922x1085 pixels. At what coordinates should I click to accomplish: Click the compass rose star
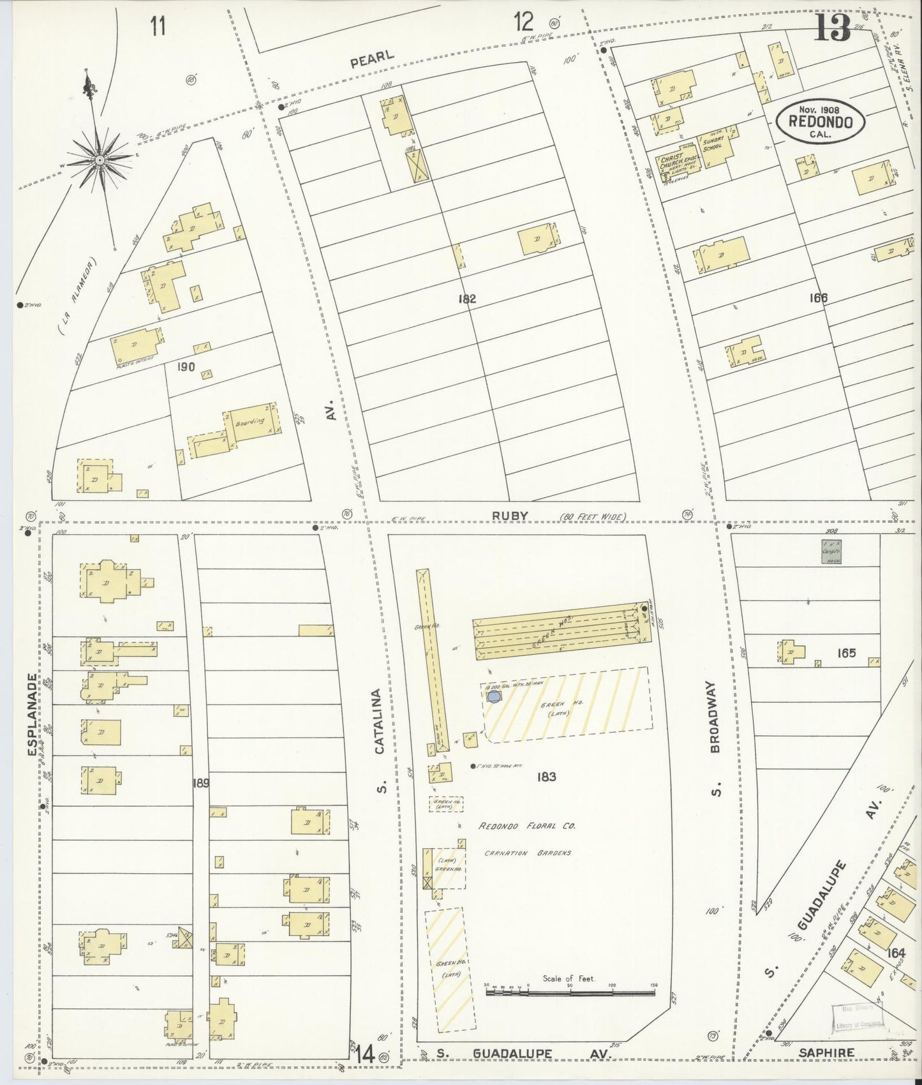[x=99, y=161]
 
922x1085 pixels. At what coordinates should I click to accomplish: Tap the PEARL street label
[x=372, y=58]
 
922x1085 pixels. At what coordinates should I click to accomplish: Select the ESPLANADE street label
[x=34, y=715]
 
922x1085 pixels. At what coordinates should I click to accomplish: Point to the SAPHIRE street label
[x=826, y=1052]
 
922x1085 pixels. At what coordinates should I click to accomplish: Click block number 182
[x=466, y=298]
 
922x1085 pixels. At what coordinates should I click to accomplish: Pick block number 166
[x=818, y=297]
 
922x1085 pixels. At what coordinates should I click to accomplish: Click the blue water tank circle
[x=493, y=696]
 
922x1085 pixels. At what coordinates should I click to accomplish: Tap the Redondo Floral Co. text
[x=527, y=825]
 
